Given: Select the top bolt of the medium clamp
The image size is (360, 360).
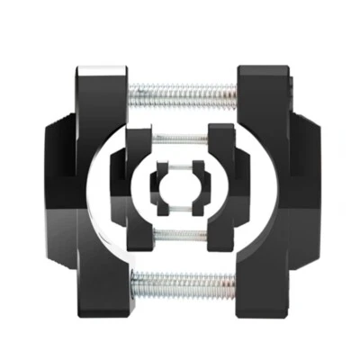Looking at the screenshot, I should pos(181,138).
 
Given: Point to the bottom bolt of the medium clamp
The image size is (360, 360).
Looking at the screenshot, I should pos(181,236).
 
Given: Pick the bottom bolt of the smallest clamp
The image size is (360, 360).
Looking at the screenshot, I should pos(181,211).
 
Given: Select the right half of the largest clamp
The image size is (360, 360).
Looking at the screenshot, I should pos(265,189).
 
